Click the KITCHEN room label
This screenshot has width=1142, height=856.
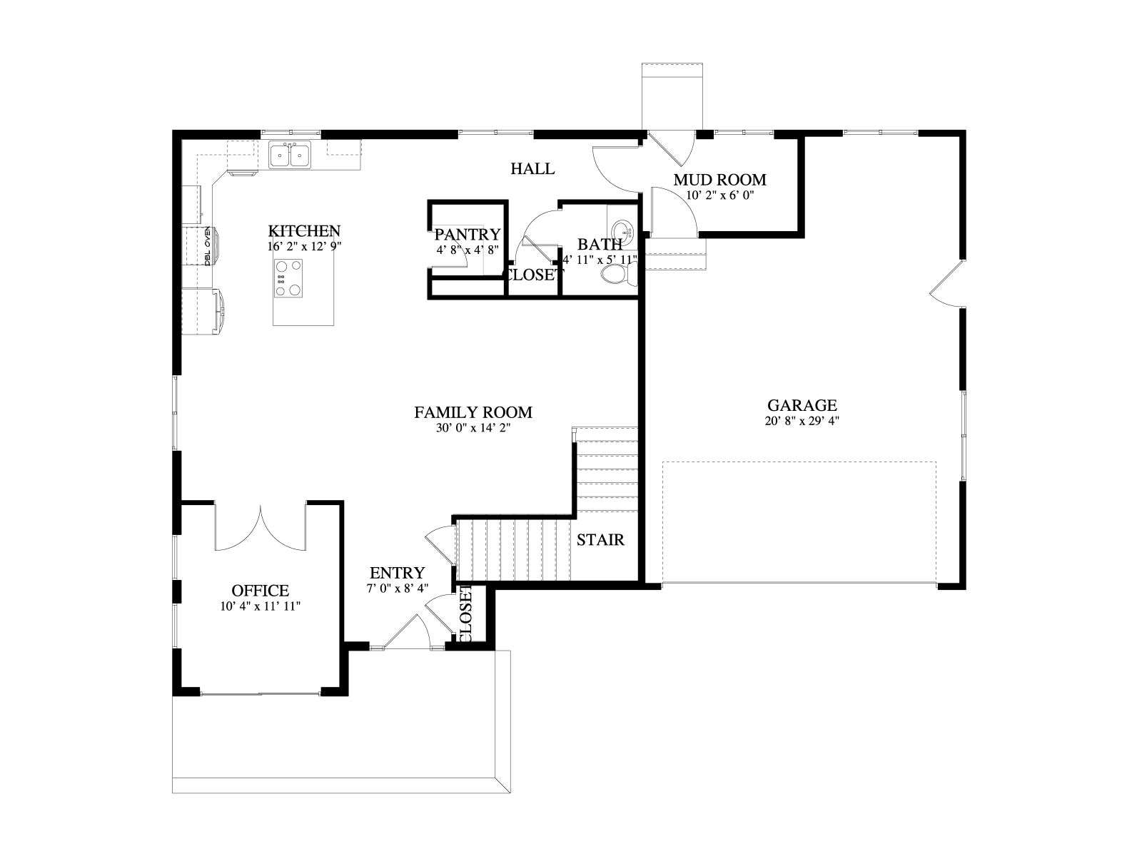[304, 230]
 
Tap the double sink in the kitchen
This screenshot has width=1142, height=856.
[290, 154]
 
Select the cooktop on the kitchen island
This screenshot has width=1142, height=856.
[288, 278]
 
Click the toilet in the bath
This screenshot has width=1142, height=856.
[618, 274]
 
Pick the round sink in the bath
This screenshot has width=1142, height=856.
[622, 230]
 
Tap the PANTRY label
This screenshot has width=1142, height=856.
[468, 235]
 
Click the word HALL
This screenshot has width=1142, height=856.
[532, 168]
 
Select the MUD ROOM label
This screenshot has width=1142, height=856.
[719, 180]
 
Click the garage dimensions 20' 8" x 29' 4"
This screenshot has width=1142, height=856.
[802, 420]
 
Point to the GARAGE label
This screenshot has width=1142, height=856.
[802, 405]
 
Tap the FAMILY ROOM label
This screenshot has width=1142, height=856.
[473, 412]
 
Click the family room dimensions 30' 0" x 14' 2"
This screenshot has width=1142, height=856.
[473, 428]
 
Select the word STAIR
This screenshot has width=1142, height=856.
[600, 540]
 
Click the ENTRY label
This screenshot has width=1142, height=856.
[397, 573]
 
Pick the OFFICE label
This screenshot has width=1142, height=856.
[260, 591]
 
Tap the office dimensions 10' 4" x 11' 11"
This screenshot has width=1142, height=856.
[260, 606]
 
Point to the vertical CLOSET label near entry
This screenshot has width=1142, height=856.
[465, 616]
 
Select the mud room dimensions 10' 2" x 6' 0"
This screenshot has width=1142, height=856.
[719, 195]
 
